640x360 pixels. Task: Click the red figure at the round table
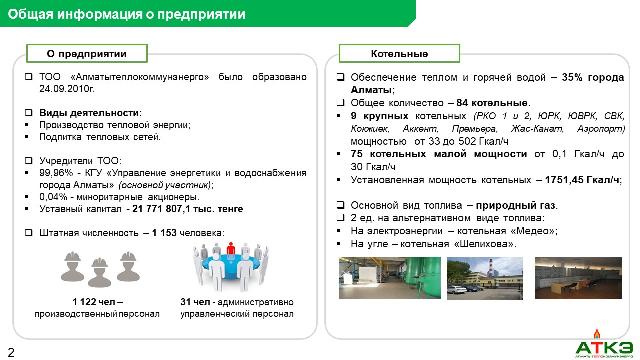[x=231, y=249]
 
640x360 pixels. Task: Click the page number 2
[x=11, y=352]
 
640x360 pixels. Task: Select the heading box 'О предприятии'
[x=87, y=53]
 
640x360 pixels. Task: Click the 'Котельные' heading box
[x=399, y=53]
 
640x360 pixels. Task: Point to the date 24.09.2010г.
[x=67, y=89]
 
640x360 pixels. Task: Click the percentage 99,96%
[x=56, y=173]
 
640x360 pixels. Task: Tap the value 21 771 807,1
[x=161, y=209]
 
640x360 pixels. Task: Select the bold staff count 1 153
[x=164, y=233]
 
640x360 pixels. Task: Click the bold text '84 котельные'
[x=492, y=103]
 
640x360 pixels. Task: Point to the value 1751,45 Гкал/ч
[x=582, y=180]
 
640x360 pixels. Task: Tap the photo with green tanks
[x=390, y=278]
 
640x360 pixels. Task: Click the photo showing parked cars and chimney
[x=485, y=279]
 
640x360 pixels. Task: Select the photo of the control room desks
[x=578, y=278]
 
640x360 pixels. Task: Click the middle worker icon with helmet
[x=99, y=273]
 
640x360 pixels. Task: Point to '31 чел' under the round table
[x=195, y=302]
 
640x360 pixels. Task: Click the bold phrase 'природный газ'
[x=515, y=205]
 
